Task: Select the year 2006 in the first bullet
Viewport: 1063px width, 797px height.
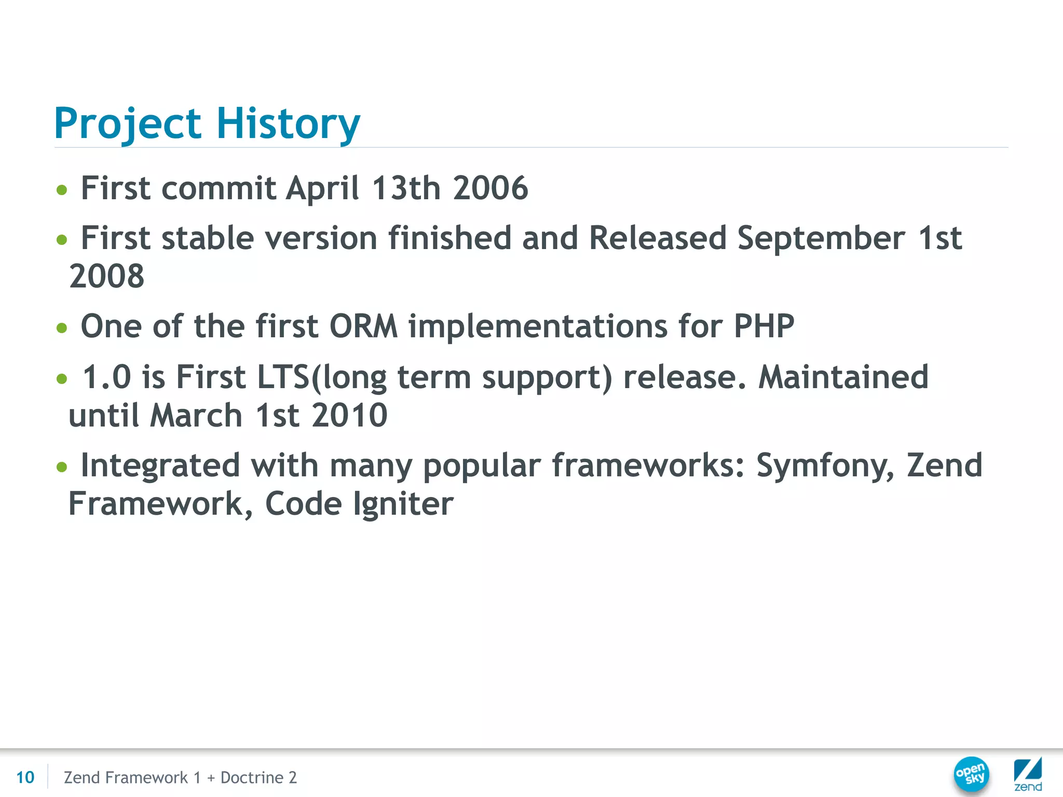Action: tap(490, 188)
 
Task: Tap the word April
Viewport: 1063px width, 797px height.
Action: tap(322, 188)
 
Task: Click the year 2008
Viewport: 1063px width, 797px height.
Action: tap(106, 276)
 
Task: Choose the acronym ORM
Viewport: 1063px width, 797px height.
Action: tap(363, 326)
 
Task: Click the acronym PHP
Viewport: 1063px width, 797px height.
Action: tap(764, 326)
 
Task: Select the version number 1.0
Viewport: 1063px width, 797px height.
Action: tap(107, 377)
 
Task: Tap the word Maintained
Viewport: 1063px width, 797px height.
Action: tap(843, 377)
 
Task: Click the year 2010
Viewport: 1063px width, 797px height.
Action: tap(349, 415)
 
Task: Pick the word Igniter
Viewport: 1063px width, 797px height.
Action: tap(403, 504)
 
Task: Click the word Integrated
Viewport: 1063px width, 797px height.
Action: tap(160, 465)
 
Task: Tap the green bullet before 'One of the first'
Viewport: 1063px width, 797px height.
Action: tap(62, 328)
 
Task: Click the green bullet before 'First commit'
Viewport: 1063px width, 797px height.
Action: tap(62, 190)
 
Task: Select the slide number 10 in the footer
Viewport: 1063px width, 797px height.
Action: tap(25, 777)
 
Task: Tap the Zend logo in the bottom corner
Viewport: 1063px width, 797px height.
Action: tap(1028, 774)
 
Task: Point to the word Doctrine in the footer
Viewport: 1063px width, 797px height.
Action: tap(252, 777)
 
